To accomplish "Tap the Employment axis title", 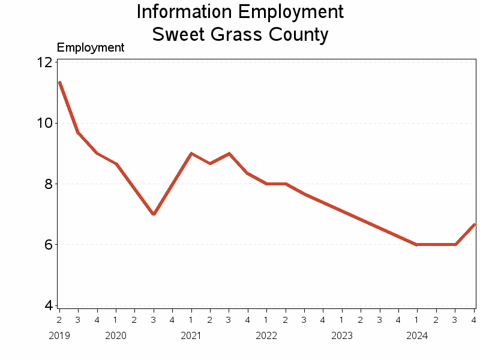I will point(90,47).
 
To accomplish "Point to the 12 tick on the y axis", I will point(43,62).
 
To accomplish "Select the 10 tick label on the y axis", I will point(43,123).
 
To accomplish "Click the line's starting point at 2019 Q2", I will point(59,82).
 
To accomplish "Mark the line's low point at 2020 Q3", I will point(154,214).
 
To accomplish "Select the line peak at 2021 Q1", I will point(191,154).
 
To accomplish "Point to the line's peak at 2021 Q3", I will point(229,154).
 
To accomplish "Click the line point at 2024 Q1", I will point(417,244).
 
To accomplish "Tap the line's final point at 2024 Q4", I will point(474,224).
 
